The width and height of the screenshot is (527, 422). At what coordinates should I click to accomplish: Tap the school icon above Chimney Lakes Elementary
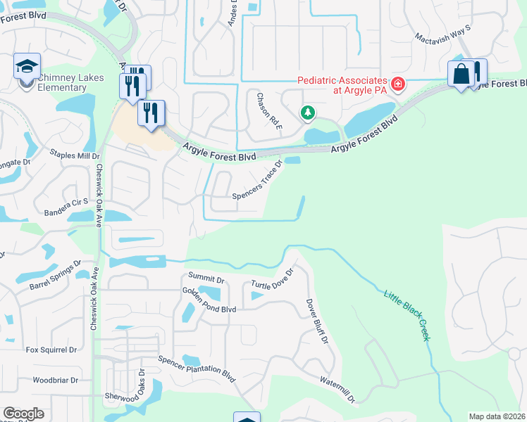tap(27, 68)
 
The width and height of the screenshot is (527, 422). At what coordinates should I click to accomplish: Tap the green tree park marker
tap(307, 112)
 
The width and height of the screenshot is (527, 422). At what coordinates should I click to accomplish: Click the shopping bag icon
tap(461, 74)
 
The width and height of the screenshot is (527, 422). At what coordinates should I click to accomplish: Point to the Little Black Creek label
tap(407, 314)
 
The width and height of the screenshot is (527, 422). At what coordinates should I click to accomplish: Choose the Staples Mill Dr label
tap(74, 155)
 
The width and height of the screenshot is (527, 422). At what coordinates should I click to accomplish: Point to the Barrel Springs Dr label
tap(51, 277)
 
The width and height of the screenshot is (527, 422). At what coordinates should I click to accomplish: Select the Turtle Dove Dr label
tap(271, 279)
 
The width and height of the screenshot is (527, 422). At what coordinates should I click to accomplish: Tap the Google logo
tap(23, 414)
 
